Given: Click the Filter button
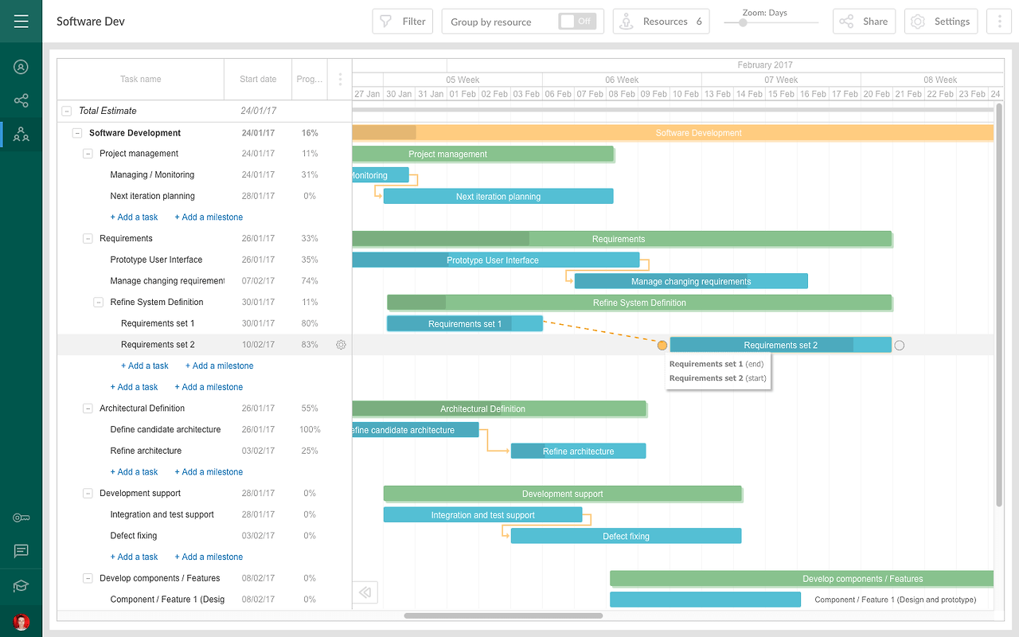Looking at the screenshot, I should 402,21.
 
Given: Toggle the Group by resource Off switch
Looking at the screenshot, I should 577,21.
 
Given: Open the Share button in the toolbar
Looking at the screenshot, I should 864,21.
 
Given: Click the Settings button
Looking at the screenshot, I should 940,21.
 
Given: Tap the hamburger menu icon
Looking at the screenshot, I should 21,21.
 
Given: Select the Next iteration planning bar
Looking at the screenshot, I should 498,197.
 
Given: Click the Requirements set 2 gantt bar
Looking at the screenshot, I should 779,345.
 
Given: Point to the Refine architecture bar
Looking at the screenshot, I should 578,451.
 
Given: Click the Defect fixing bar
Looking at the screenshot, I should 626,536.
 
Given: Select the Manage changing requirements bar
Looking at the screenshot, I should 690,281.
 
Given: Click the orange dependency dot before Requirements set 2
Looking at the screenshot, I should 662,345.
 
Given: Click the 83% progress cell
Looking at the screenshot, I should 310,345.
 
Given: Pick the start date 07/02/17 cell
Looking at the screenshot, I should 258,281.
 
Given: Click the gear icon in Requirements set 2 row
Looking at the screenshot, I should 341,345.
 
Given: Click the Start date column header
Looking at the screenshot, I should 258,79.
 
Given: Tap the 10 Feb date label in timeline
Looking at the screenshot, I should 685,94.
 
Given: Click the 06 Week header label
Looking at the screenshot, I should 622,80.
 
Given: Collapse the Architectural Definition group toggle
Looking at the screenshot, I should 88,408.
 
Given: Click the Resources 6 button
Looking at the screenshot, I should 661,21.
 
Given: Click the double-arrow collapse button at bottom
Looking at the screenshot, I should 365,592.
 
